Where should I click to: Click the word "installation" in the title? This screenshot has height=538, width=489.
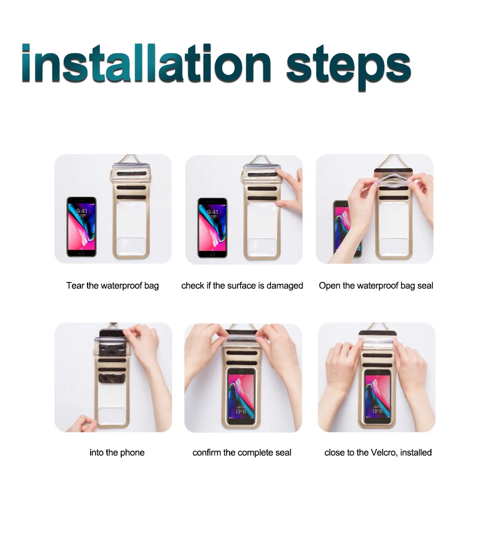tap(147, 63)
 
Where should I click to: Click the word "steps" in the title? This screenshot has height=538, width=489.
tap(348, 68)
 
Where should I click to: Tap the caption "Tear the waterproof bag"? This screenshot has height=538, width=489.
tap(113, 286)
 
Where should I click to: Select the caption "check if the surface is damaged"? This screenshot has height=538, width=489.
tap(242, 286)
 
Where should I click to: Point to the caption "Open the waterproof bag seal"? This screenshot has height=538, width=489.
tap(376, 286)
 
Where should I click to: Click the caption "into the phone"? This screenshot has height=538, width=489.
tap(117, 452)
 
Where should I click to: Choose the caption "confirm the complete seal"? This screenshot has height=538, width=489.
tap(242, 452)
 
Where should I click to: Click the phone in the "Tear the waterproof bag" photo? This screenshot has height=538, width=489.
tap(81, 227)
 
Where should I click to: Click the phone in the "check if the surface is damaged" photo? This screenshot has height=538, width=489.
tap(212, 228)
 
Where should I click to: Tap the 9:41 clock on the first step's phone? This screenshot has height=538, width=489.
tap(81, 211)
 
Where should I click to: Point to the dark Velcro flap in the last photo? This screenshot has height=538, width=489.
tap(377, 333)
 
